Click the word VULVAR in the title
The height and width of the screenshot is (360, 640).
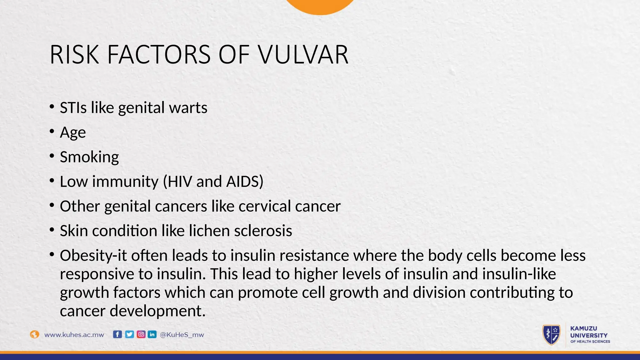tap(303, 55)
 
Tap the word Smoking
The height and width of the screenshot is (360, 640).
tap(89, 157)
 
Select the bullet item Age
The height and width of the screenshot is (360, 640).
tap(73, 132)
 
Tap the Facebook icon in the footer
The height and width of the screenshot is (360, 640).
tap(117, 334)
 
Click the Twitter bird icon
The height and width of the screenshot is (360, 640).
tap(129, 334)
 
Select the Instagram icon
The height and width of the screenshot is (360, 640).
tap(141, 334)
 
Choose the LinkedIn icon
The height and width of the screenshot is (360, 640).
tap(152, 334)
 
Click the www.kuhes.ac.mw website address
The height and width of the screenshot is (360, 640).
tap(74, 335)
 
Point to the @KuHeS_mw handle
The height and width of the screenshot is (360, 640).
tap(182, 335)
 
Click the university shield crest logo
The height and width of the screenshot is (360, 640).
tap(552, 335)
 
